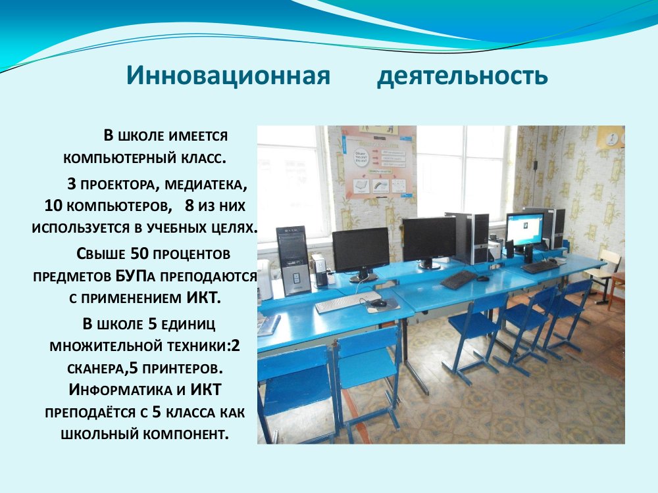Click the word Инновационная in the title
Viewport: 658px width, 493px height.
pos(228,76)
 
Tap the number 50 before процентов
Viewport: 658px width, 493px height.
pos(139,254)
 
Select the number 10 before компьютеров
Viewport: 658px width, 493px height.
pos(54,205)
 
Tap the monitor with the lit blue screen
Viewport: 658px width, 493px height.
pos(524,229)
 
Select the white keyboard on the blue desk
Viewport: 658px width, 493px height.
pos(348,302)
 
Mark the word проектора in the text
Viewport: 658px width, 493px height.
pos(118,185)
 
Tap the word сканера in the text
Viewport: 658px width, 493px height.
pos(95,369)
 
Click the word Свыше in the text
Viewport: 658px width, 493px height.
pos(101,254)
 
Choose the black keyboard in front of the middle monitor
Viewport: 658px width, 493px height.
pos(459,279)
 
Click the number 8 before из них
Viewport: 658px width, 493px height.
pos(190,205)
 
